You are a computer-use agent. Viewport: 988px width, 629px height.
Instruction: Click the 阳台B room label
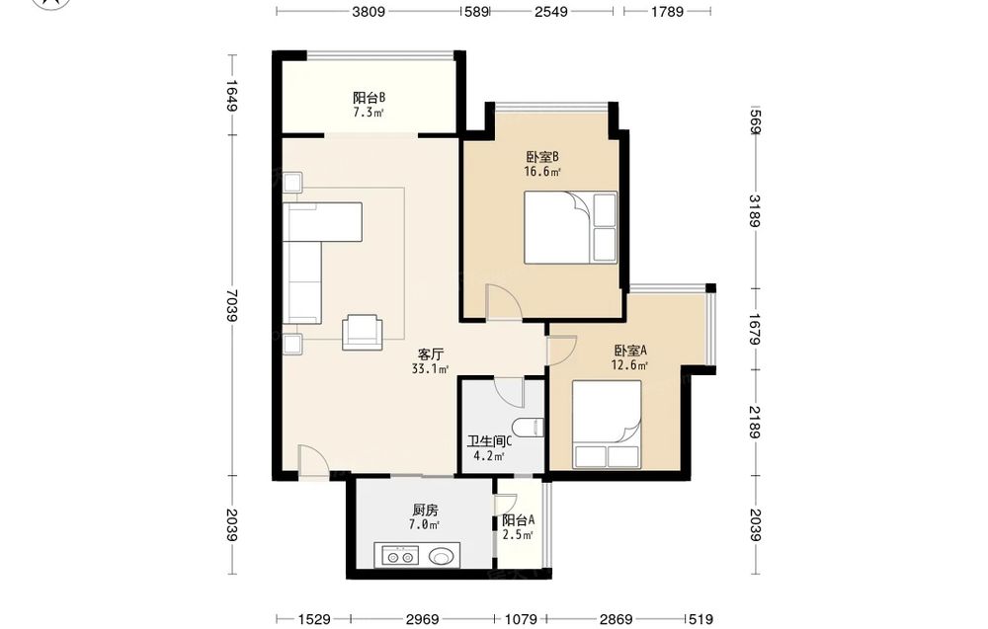coord(370,98)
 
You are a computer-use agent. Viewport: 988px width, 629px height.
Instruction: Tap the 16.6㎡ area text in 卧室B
coord(542,171)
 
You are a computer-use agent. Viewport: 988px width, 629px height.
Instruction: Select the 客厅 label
coord(431,354)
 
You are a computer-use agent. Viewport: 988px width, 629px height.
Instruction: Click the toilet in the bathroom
coord(530,427)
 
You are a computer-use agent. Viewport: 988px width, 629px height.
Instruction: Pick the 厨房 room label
coord(425,510)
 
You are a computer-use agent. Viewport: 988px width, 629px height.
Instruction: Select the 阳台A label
coord(519,520)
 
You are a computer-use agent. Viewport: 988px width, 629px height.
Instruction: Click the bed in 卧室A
coord(607,424)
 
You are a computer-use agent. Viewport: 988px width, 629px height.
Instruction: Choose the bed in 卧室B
coord(570,227)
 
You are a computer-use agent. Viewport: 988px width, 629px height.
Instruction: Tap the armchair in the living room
coord(362,331)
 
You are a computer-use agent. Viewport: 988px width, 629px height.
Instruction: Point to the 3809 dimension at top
coord(369,11)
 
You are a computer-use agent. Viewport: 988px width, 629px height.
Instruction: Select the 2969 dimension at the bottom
coord(422,619)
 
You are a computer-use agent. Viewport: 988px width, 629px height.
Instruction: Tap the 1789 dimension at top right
coord(667,11)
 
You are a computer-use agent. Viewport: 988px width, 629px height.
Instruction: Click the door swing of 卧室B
coord(503,301)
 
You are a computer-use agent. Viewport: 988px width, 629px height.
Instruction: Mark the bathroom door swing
coord(509,392)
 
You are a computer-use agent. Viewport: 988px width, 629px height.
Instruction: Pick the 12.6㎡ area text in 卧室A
coord(629,365)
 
